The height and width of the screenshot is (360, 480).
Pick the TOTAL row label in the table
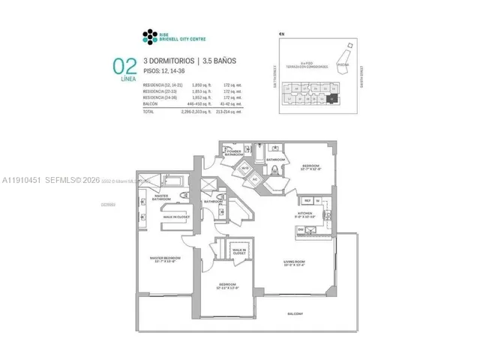point(148,111)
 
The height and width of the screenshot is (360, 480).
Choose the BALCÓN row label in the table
point(150,105)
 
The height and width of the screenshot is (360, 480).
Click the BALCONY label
point(294,313)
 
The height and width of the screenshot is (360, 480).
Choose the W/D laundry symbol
point(245,169)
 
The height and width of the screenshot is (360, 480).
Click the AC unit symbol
point(255,179)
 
